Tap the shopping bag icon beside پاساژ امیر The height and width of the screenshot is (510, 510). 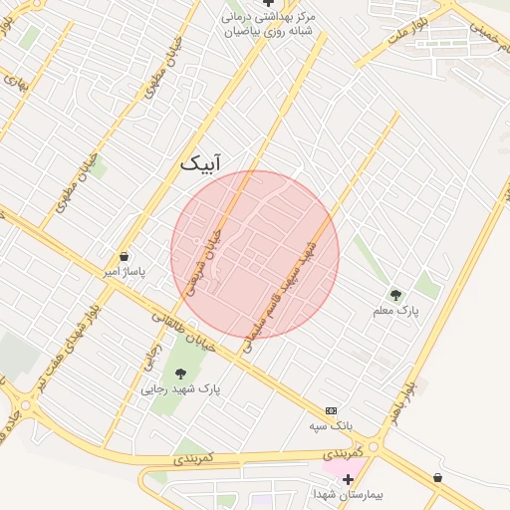(x=124, y=257)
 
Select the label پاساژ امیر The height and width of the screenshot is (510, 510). (x=126, y=271)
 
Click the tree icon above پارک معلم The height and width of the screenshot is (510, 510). (x=395, y=295)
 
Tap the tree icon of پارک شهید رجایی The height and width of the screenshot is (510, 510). (x=180, y=374)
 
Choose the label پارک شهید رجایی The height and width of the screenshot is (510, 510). (x=182, y=388)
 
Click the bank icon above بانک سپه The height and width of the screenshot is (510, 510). (x=331, y=410)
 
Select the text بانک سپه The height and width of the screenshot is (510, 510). (x=332, y=426)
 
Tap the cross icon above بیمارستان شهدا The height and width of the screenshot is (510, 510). (x=348, y=479)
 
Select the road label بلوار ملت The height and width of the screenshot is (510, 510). (x=411, y=30)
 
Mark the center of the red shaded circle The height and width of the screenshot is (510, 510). (x=255, y=255)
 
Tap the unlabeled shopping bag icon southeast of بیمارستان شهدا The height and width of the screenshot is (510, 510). (x=438, y=478)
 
